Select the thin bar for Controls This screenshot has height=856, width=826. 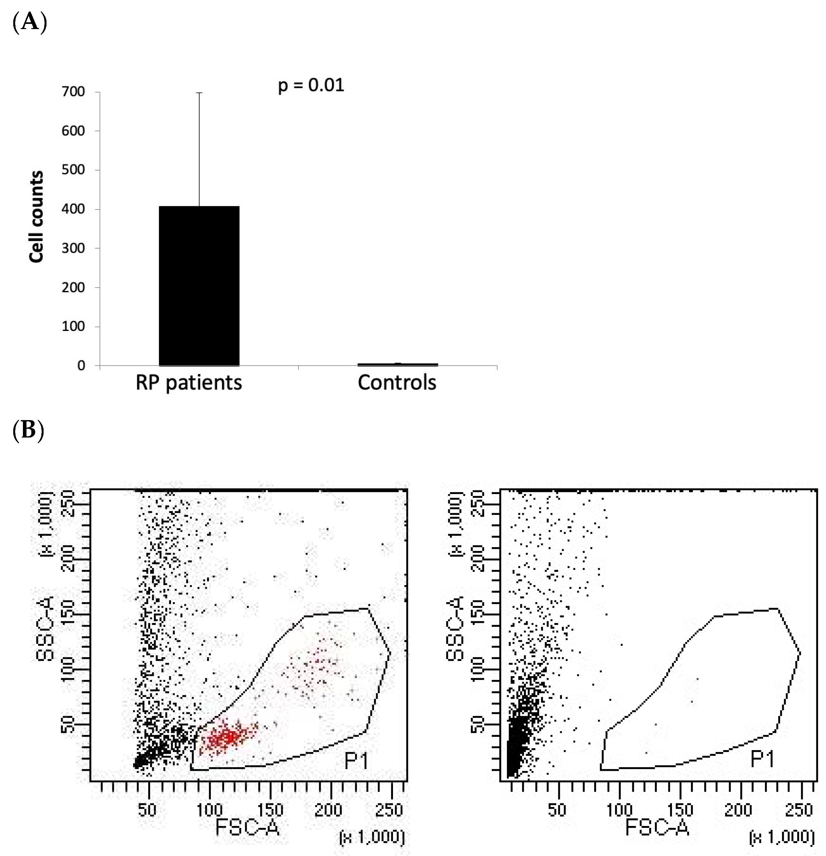pos(397,364)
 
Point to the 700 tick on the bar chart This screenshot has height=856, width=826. pos(73,92)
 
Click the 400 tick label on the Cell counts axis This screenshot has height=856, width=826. pos(73,209)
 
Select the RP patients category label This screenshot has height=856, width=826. pos(188,383)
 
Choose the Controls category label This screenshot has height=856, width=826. pos(397,383)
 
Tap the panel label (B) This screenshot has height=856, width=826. pos(28,430)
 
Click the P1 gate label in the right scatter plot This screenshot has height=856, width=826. pos(762,759)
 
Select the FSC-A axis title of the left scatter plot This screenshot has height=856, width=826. pos(247,827)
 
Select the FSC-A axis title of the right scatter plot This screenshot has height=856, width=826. pos(657,827)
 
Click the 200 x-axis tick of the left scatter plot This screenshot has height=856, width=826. pos(328,810)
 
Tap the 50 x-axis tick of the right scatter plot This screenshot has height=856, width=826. pos(557,810)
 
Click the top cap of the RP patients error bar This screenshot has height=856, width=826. pos(199,93)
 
